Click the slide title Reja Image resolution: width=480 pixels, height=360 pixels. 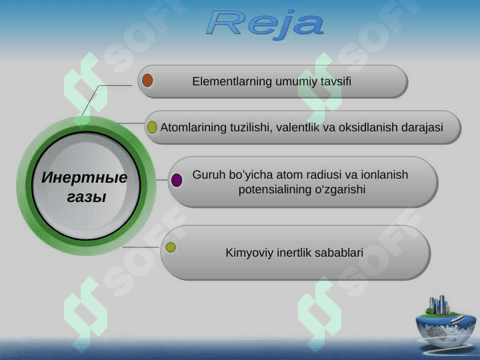pyautogui.click(x=265, y=24)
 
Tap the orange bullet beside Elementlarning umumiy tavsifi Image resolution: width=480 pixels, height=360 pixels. pyautogui.click(x=147, y=80)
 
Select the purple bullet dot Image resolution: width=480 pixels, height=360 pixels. pyautogui.click(x=177, y=180)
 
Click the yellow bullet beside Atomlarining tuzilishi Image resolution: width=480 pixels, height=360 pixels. pyautogui.click(x=152, y=127)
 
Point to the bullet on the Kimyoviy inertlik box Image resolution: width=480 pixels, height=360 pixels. pyautogui.click(x=171, y=247)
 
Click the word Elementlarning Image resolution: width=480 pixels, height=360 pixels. pyautogui.click(x=232, y=81)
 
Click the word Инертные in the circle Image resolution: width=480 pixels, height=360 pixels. pyautogui.click(x=85, y=177)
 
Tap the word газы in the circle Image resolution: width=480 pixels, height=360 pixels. pyautogui.click(x=87, y=197)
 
